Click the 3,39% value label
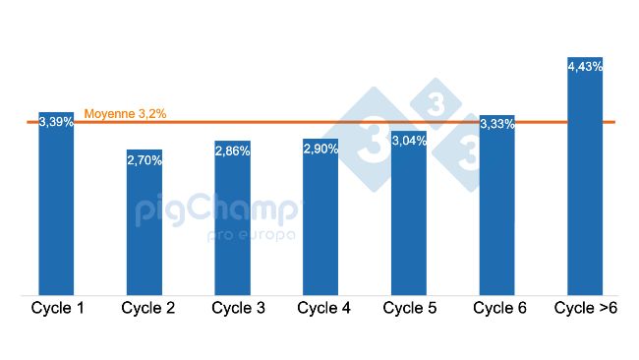[56, 122]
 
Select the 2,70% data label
[145, 158]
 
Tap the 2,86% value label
[233, 150]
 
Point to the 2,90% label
[320, 149]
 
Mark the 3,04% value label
[409, 141]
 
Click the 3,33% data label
[497, 123]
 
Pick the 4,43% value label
[585, 66]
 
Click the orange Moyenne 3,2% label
[125, 114]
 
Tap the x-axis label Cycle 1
[57, 308]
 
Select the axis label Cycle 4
[323, 308]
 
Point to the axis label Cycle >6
[586, 308]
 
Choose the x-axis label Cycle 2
[148, 308]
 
